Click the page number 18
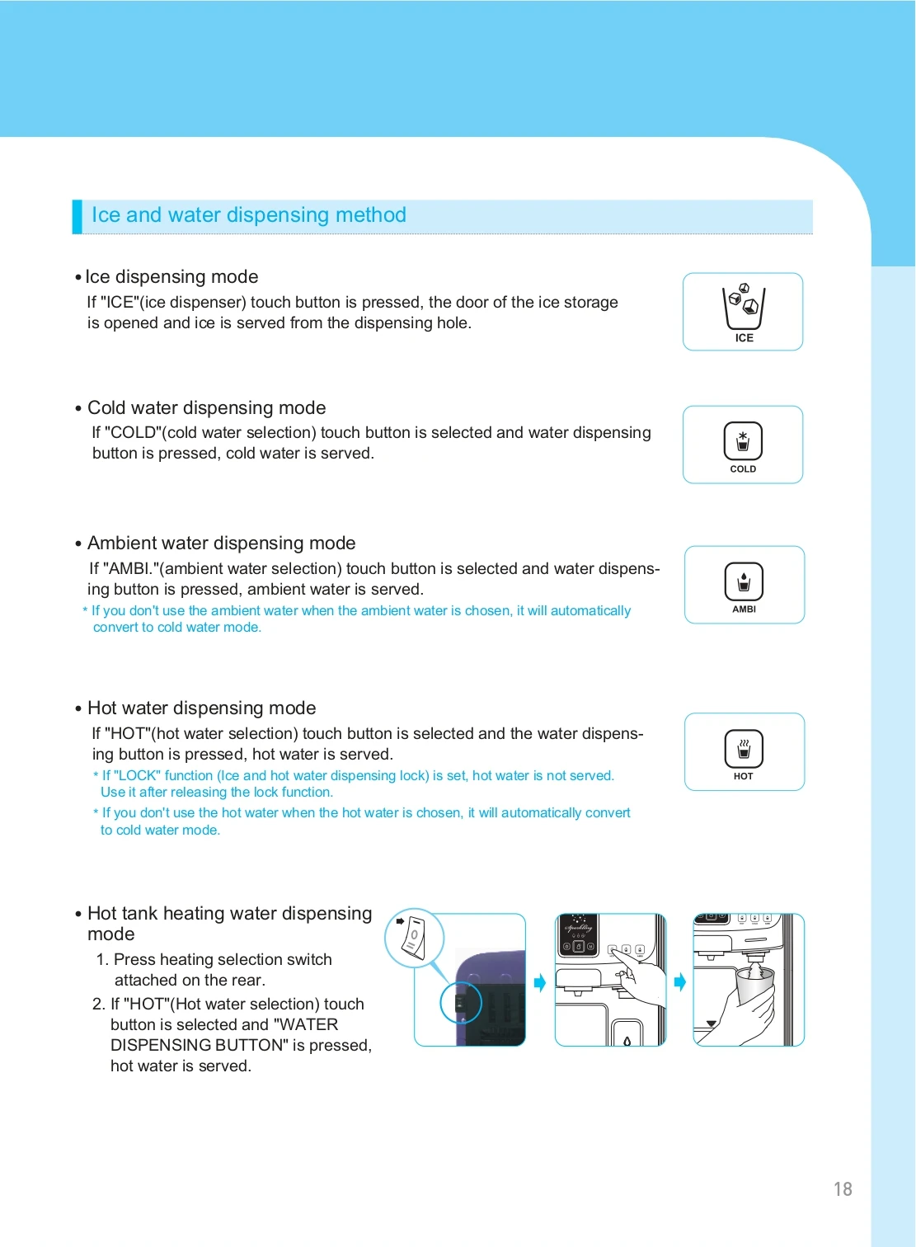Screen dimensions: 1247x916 point(842,1188)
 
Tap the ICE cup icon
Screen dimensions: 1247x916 point(744,307)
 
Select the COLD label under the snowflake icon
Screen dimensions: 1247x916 point(743,469)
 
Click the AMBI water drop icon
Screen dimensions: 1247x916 point(744,581)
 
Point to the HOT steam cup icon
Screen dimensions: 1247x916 point(744,749)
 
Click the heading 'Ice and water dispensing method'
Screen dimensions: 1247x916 point(248,215)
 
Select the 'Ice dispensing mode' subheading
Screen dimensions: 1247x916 point(171,277)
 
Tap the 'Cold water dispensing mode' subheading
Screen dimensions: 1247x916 point(206,408)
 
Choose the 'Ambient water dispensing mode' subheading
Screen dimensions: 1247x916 point(221,544)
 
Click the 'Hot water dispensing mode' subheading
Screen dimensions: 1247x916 point(201,708)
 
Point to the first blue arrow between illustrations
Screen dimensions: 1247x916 point(540,982)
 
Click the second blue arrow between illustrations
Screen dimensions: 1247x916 point(680,982)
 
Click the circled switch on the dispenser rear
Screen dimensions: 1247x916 point(460,1003)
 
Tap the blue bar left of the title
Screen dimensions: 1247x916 point(77,216)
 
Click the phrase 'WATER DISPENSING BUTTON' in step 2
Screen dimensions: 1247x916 point(241,1035)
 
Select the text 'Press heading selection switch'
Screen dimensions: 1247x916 point(223,960)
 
